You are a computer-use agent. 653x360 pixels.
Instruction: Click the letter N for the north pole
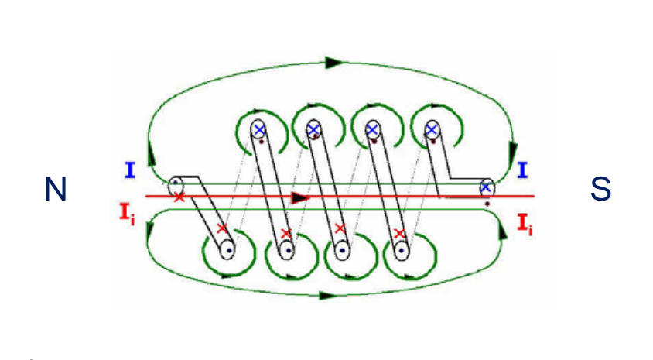point(55,189)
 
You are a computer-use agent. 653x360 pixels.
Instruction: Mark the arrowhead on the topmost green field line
point(334,61)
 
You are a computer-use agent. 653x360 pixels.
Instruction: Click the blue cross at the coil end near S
point(486,187)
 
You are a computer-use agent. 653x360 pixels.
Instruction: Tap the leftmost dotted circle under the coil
point(227,250)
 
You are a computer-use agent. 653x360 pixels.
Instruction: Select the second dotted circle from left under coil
point(286,251)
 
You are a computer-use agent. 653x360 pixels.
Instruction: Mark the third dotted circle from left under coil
point(344,251)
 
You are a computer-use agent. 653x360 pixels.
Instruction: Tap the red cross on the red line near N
point(179,197)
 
